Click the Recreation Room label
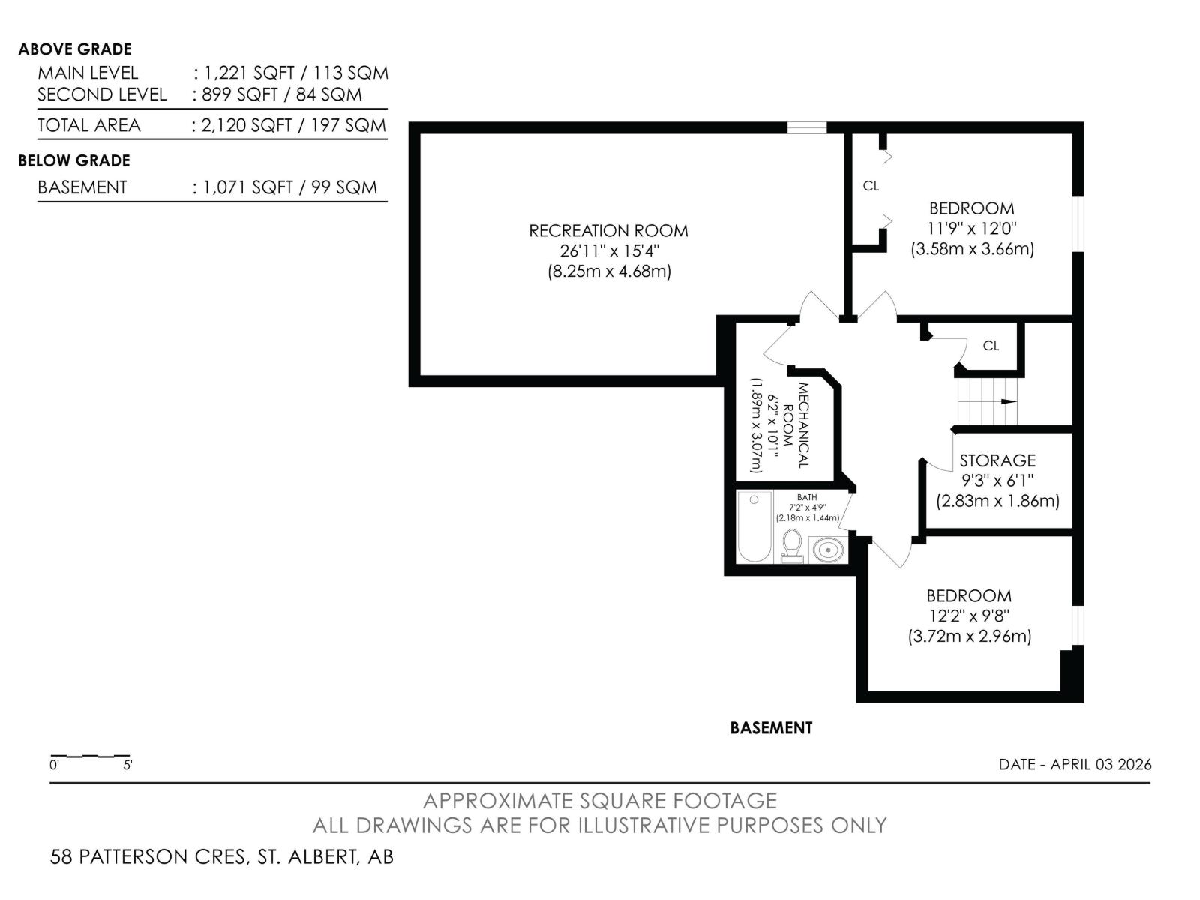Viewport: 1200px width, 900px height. tap(608, 231)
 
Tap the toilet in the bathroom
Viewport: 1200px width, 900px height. tap(792, 545)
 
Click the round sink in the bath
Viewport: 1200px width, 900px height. tap(827, 550)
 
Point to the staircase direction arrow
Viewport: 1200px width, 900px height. tap(1006, 402)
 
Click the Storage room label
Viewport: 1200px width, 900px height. tap(997, 460)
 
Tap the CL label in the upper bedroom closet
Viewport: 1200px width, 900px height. tap(871, 186)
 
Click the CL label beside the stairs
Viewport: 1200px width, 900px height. tap(991, 346)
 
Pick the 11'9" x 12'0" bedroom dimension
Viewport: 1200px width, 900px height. tap(971, 229)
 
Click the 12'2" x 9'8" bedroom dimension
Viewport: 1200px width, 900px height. tap(969, 616)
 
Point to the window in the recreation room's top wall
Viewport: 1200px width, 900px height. tap(807, 128)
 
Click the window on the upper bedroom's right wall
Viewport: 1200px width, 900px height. tap(1078, 223)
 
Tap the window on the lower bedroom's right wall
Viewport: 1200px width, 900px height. tap(1078, 625)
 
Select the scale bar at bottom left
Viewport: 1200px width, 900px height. tap(90, 757)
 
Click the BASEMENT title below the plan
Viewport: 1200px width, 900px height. tap(771, 728)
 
